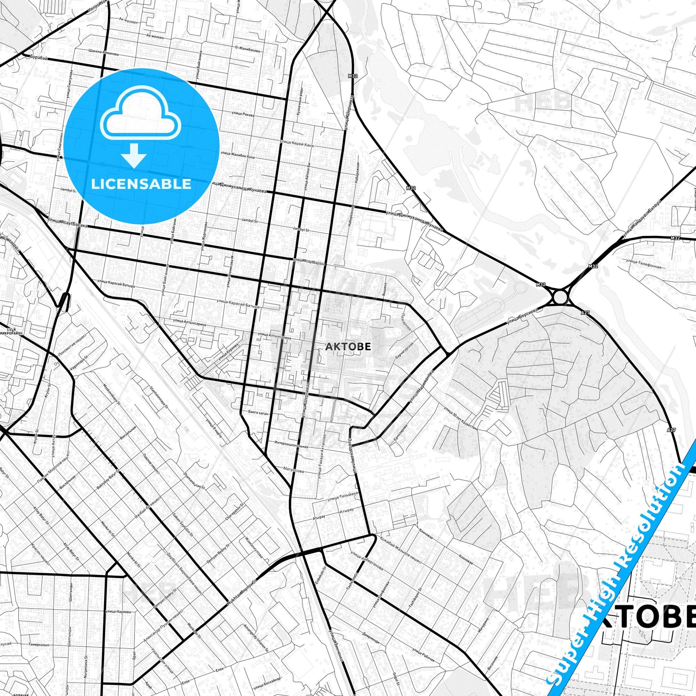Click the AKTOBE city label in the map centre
348,346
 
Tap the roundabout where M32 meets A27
559,296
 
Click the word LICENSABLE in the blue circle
141,184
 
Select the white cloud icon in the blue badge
141,114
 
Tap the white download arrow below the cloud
133,156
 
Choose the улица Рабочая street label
423,654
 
